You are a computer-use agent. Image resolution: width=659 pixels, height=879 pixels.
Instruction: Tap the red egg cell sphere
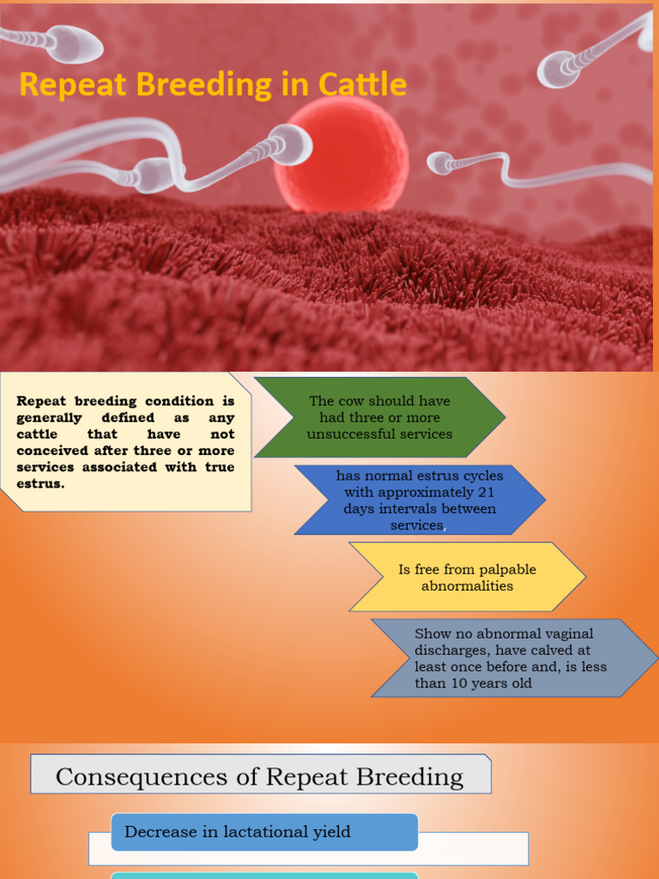341,154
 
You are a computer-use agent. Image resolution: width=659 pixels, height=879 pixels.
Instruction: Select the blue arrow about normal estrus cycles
419,500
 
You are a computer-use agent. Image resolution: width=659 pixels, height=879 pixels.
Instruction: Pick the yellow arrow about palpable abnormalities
466,578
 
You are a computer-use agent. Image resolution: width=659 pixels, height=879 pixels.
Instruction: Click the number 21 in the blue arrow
486,493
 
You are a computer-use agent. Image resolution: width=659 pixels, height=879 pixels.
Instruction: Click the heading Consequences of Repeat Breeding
260,777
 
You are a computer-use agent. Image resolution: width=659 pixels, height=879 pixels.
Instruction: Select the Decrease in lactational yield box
263,832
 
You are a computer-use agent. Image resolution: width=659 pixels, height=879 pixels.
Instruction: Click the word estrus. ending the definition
40,484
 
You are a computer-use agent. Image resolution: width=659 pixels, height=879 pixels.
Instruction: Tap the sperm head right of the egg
441,162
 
